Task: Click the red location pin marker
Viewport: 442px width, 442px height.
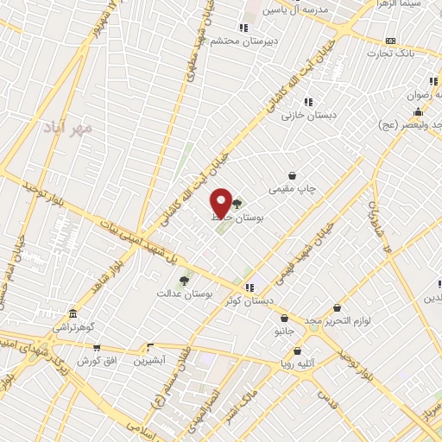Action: [x=221, y=203]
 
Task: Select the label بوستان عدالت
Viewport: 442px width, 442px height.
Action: [x=184, y=294]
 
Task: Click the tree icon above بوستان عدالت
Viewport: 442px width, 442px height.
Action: [x=183, y=280]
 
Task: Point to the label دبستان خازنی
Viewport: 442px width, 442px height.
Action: [x=313, y=115]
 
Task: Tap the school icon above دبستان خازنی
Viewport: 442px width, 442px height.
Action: [x=308, y=101]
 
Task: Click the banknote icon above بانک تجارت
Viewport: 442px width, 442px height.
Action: [x=390, y=40]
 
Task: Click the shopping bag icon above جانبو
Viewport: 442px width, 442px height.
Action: [x=284, y=318]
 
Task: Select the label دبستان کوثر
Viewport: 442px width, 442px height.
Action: [x=248, y=300]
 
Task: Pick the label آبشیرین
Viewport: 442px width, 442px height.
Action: [x=150, y=360]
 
